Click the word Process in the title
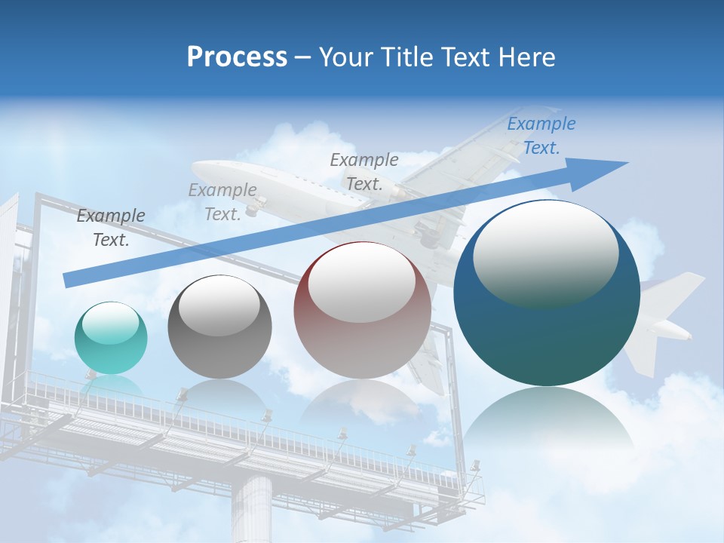[x=237, y=57]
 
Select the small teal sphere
[x=111, y=338]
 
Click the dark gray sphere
[x=219, y=327]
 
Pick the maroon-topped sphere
[x=362, y=310]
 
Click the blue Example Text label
[x=541, y=136]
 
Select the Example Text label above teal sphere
[x=111, y=228]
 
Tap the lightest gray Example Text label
[x=222, y=202]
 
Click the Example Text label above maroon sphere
[x=364, y=171]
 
